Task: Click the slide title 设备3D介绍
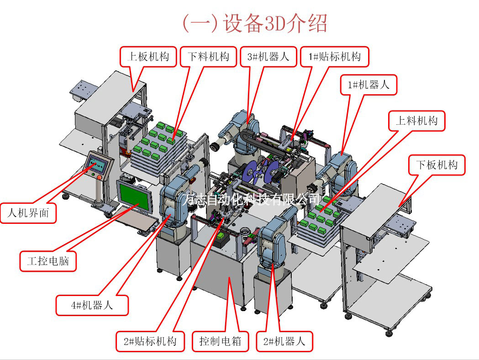(254, 23)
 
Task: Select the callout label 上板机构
(148, 56)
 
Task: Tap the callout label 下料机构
(208, 56)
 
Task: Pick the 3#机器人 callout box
(268, 56)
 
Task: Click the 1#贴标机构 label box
(335, 56)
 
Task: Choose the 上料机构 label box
(416, 120)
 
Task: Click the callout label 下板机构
(436, 164)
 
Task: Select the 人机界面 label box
(28, 212)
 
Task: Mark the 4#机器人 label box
(92, 305)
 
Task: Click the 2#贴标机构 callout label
(150, 341)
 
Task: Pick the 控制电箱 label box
(220, 341)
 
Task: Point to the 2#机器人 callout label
(284, 341)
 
